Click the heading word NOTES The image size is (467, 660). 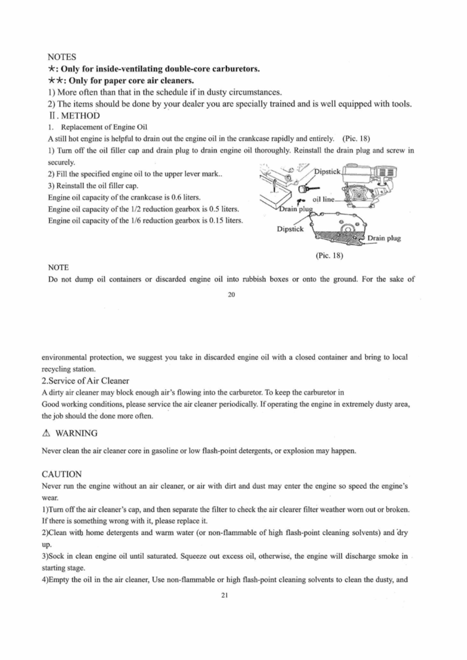point(63,57)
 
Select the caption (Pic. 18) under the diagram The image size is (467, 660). point(330,255)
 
